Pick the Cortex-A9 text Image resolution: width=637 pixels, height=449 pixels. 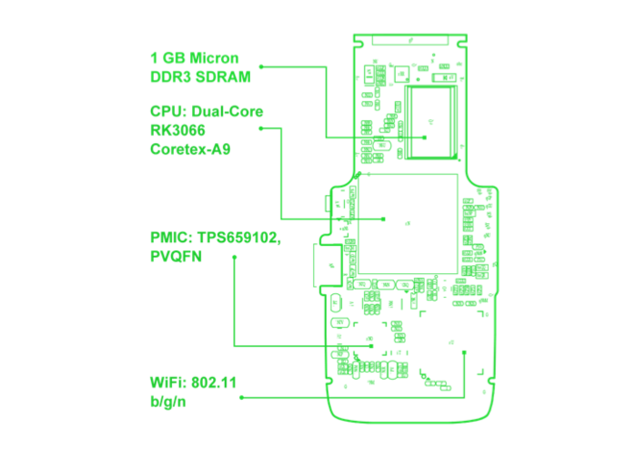coord(190,148)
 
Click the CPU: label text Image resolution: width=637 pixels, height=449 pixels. coord(168,112)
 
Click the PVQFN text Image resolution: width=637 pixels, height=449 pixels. coord(177,257)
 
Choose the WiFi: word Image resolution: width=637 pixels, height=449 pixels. coord(168,382)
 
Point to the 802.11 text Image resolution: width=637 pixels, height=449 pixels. coord(214,382)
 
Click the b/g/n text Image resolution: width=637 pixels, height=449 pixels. coord(168,400)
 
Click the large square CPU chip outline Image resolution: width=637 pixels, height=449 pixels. coord(408,223)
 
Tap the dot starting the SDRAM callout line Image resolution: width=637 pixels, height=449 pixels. coord(261,66)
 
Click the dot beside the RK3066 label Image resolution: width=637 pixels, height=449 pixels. coord(261,128)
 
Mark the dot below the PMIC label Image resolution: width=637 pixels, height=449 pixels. coord(234,257)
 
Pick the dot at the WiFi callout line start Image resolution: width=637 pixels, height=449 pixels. coord(241,397)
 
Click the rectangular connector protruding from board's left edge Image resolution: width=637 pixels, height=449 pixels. coord(327,264)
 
